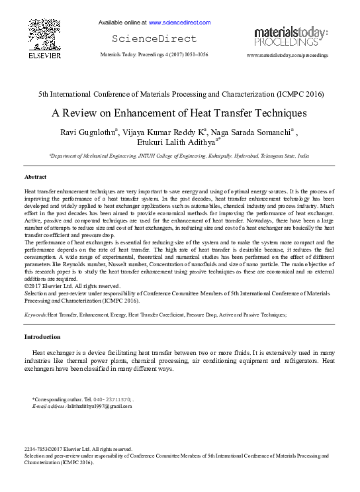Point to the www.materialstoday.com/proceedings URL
(287, 56)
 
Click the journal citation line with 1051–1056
(154, 54)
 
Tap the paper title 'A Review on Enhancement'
(179, 113)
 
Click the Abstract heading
(35, 177)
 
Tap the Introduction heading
(42, 337)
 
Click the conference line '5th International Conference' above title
(181, 94)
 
